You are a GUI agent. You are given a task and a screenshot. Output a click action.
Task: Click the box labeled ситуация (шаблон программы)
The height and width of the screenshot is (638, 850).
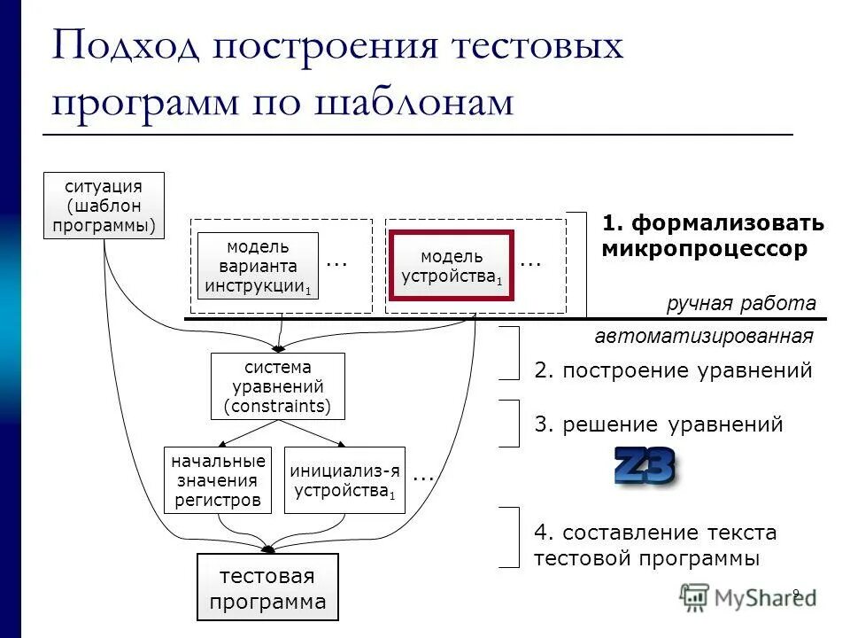pos(104,206)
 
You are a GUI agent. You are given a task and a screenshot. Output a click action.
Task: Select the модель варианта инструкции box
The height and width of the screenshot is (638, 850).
pos(257,266)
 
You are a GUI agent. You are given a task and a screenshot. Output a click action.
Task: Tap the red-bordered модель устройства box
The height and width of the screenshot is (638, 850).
pos(452,266)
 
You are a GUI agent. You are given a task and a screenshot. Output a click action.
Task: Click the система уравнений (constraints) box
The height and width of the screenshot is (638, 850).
pos(277,386)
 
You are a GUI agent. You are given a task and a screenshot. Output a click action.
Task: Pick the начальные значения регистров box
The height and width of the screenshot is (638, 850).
pos(218,480)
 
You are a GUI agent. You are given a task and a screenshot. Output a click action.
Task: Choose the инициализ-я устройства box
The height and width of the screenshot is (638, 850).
pos(344,480)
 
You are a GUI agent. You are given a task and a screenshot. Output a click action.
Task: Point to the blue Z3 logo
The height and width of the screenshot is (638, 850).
pos(645,466)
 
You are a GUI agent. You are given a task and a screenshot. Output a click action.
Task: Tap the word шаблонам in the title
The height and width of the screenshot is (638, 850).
pos(413,103)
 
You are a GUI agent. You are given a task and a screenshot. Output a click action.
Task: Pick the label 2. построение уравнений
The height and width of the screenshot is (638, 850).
pos(673,370)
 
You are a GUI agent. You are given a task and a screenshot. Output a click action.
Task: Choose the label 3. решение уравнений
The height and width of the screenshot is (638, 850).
pos(659,424)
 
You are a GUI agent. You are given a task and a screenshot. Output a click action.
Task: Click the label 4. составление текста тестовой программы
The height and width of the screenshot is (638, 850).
pos(655,546)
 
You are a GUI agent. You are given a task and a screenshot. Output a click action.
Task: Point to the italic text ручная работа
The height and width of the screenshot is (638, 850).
pos(741,304)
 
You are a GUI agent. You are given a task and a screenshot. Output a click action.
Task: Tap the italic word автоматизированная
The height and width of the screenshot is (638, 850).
pos(704,337)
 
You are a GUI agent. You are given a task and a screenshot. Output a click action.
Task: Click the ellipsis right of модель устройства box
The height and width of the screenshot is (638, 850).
pos(530,263)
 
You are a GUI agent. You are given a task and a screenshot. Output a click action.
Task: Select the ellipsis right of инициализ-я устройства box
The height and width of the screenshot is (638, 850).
pos(423,477)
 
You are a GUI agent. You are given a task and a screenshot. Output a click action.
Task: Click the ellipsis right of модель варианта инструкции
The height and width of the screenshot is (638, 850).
pos(336,263)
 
